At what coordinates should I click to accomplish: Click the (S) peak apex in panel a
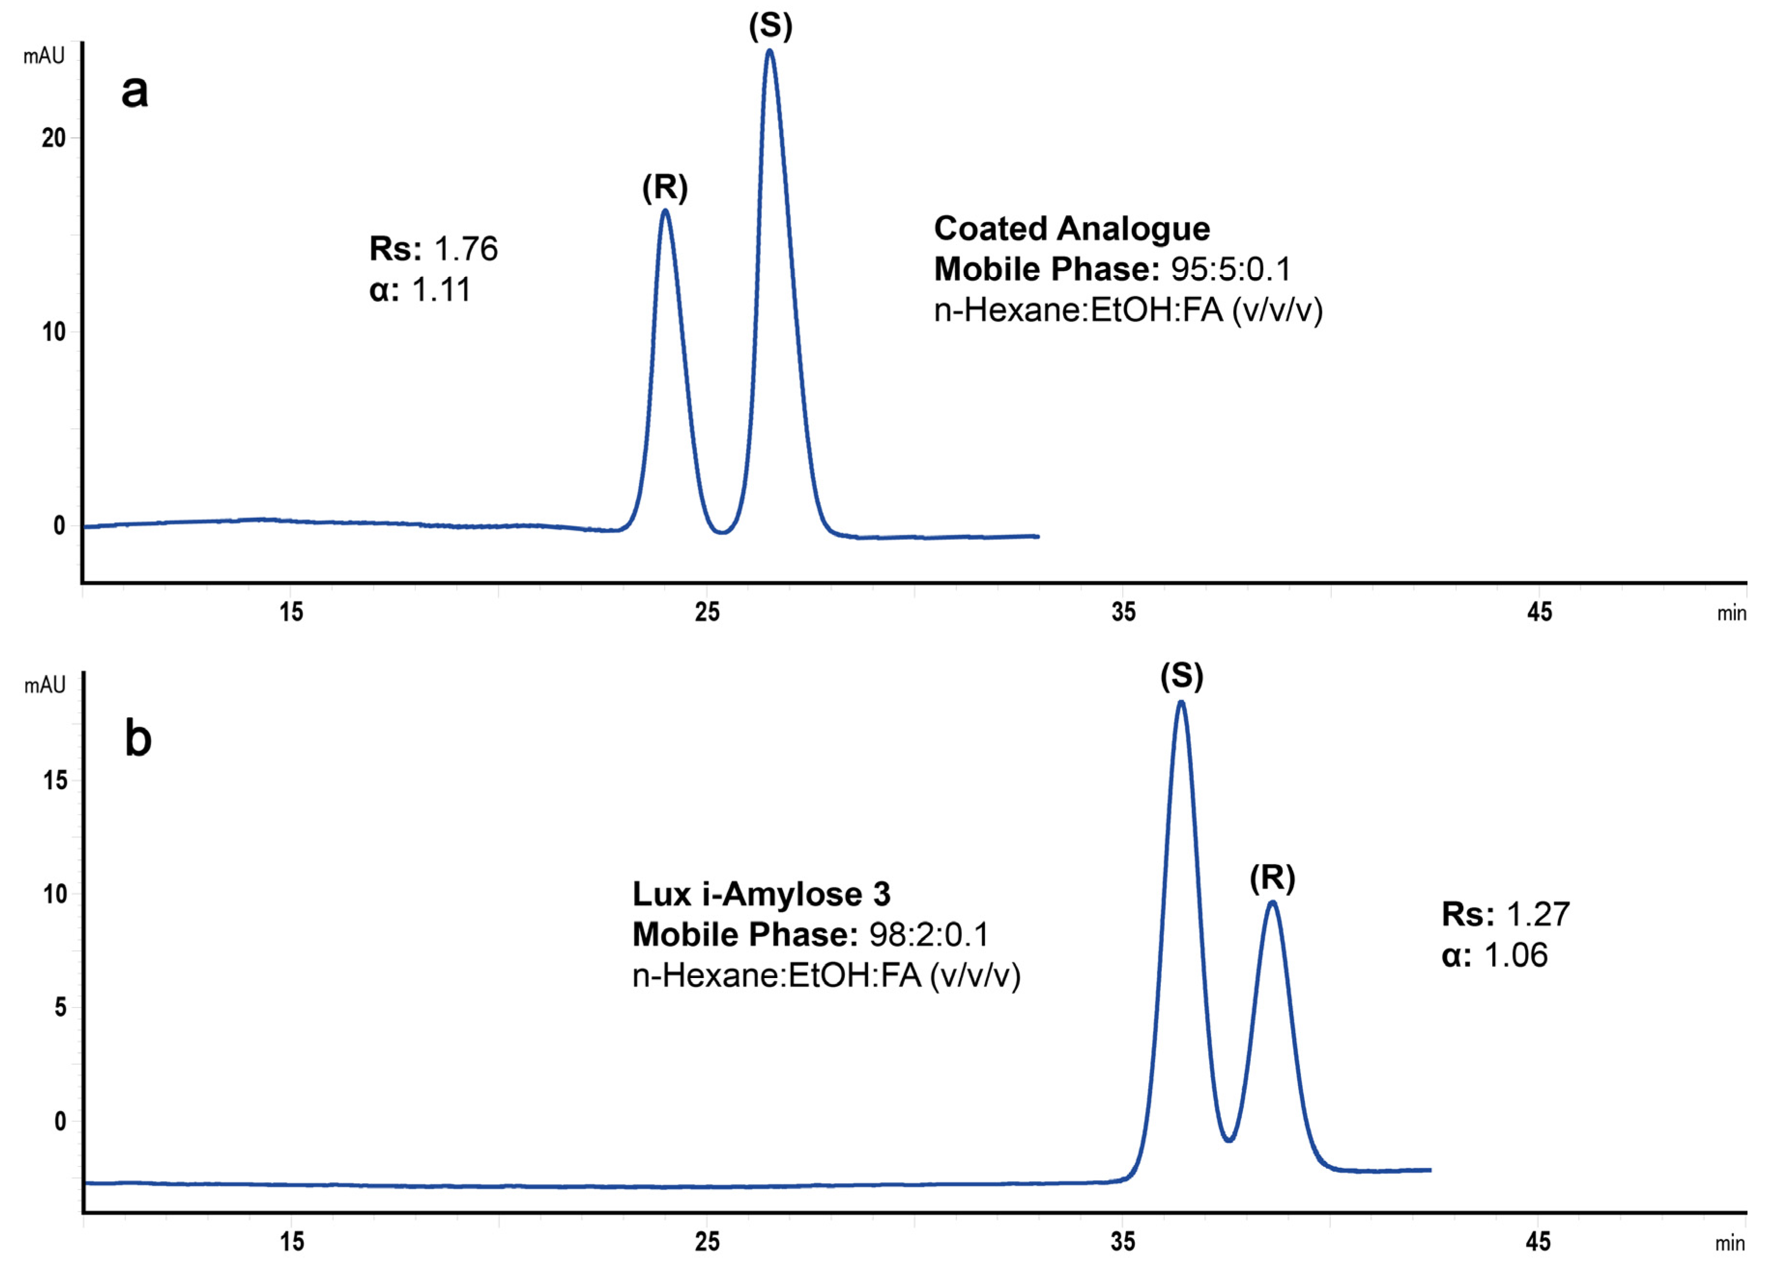point(770,52)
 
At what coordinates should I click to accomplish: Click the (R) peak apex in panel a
point(665,211)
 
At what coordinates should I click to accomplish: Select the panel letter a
point(135,92)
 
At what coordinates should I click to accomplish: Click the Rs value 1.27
point(1538,914)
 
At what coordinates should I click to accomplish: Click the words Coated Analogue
point(1071,228)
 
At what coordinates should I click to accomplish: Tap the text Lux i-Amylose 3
point(761,894)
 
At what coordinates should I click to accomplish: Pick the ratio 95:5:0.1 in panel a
point(1230,269)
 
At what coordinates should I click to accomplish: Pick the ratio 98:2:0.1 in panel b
point(929,935)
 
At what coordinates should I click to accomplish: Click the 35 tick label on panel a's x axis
point(1123,612)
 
